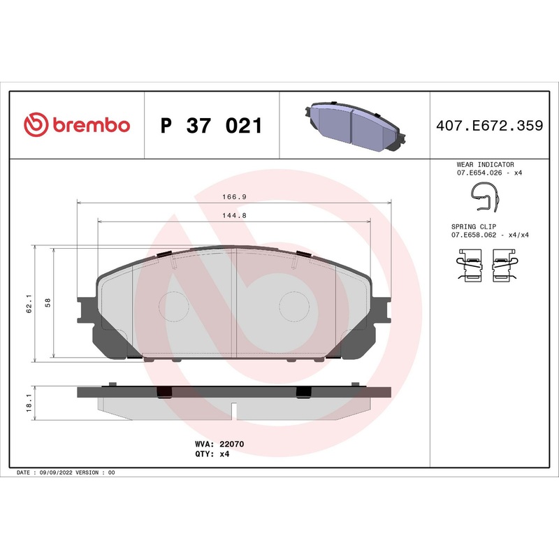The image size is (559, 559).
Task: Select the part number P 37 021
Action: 211,126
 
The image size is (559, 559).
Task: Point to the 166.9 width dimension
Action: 233,198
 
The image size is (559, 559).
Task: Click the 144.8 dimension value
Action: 233,215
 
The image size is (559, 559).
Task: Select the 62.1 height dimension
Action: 29,304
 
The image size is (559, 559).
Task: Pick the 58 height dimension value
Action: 48,303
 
